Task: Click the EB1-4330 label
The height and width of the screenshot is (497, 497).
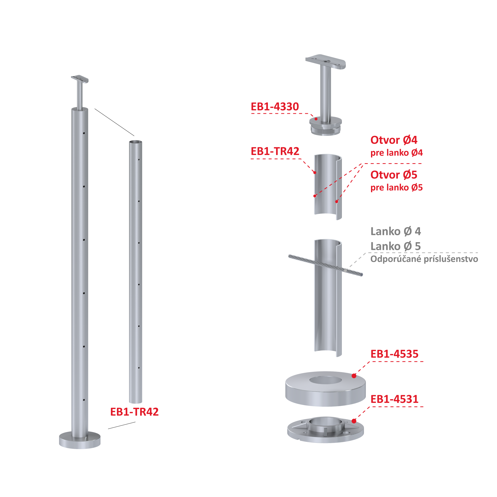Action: pyautogui.click(x=275, y=107)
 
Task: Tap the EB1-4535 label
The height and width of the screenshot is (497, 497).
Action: pyautogui.click(x=394, y=354)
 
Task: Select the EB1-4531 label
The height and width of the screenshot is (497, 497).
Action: pyautogui.click(x=394, y=399)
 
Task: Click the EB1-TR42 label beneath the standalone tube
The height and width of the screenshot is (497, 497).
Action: pyautogui.click(x=134, y=412)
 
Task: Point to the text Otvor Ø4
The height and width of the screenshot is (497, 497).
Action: pyautogui.click(x=394, y=140)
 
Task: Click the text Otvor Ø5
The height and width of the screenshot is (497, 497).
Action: pyautogui.click(x=394, y=175)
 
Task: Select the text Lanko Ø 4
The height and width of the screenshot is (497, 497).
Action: pyautogui.click(x=396, y=231)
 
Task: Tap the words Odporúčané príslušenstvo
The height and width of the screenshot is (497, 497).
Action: pyautogui.click(x=424, y=259)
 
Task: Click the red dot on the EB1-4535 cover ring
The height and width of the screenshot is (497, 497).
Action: pyautogui.click(x=354, y=376)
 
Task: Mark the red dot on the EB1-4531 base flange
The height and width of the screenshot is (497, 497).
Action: pyautogui.click(x=354, y=421)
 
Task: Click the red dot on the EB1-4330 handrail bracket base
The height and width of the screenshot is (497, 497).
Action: pyautogui.click(x=316, y=119)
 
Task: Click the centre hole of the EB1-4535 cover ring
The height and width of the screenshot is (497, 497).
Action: pyautogui.click(x=325, y=380)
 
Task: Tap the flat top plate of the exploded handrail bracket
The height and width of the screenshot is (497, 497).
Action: pyautogui.click(x=325, y=61)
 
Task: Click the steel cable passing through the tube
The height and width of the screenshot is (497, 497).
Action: pyautogui.click(x=325, y=265)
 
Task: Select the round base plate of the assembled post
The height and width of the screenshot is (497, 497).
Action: pyautogui.click(x=80, y=440)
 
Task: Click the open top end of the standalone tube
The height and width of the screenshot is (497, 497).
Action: pyautogui.click(x=135, y=142)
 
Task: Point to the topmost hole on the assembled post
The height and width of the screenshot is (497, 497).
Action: pyautogui.click(x=84, y=133)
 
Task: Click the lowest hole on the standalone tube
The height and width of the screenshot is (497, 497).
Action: pyautogui.click(x=139, y=368)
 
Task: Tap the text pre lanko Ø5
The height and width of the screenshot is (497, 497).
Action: pyautogui.click(x=397, y=188)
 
